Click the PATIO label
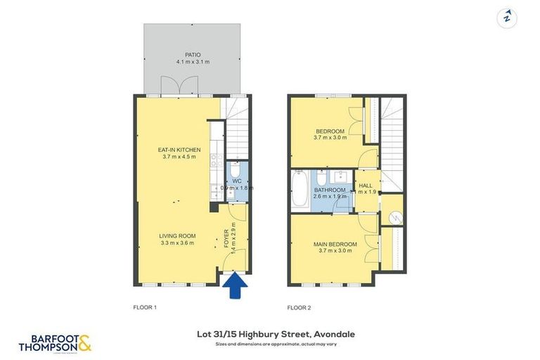point(193,54)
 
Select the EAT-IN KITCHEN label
point(179,150)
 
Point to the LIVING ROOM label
point(176,236)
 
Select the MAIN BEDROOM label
point(335,244)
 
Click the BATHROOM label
point(329,191)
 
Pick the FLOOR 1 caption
point(144,307)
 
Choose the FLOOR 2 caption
point(299,307)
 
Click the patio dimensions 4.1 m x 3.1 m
point(193,62)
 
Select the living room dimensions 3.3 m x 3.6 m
point(176,243)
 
